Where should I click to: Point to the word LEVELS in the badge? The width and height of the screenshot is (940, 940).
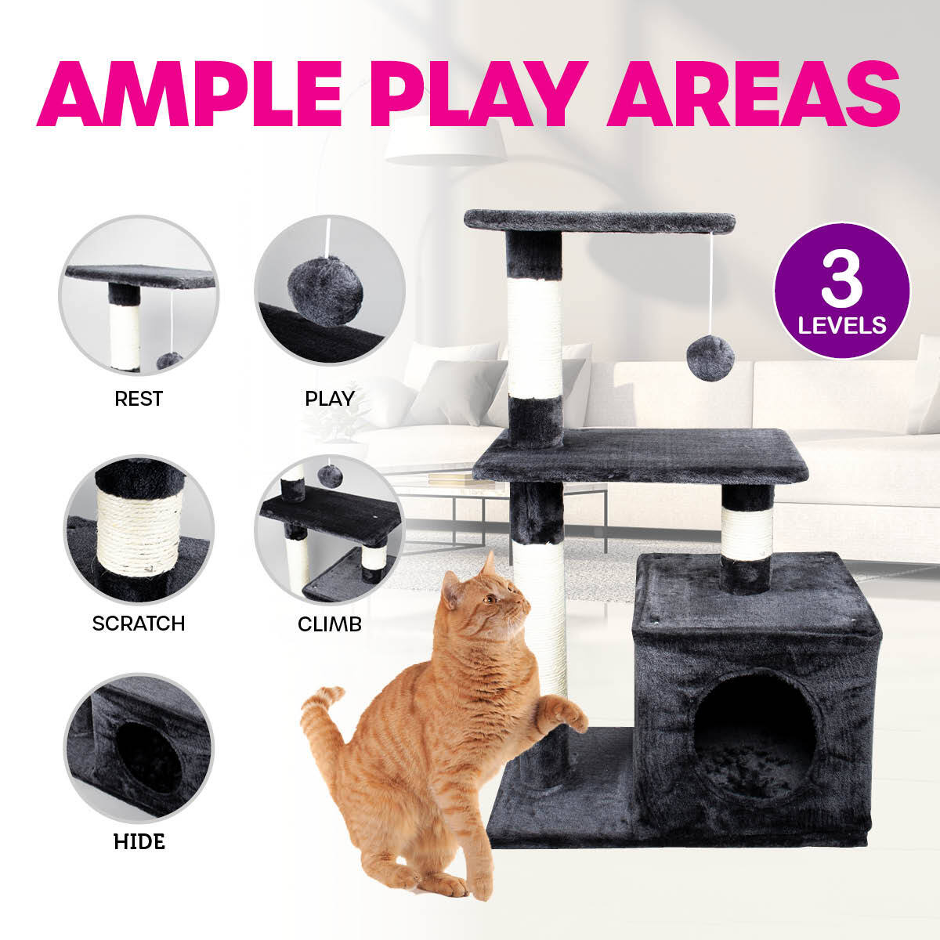[842, 324]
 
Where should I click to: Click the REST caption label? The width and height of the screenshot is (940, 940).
[139, 399]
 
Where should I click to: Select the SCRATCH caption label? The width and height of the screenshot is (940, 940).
[139, 624]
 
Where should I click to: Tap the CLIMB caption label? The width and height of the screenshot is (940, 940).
[330, 624]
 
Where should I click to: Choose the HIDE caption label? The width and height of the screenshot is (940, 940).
[139, 842]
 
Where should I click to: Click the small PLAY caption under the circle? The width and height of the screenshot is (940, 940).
[330, 399]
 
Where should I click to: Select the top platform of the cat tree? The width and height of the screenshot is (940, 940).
[599, 221]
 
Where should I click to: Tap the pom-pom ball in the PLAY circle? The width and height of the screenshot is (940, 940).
[324, 290]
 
